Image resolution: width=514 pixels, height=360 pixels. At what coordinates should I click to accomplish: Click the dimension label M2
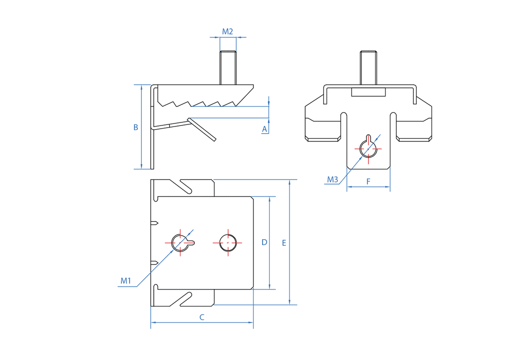pyautogui.click(x=228, y=32)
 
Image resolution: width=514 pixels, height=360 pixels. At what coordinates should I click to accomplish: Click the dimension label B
pyautogui.click(x=136, y=127)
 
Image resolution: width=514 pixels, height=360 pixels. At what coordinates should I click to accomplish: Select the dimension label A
pyautogui.click(x=265, y=130)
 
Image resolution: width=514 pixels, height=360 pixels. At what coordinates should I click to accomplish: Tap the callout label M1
pyautogui.click(x=126, y=281)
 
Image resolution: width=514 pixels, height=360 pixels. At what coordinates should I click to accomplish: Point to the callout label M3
pyautogui.click(x=333, y=179)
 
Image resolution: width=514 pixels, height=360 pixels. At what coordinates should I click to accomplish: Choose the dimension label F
pyautogui.click(x=369, y=181)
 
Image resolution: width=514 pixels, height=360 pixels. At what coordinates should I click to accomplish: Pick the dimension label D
pyautogui.click(x=264, y=242)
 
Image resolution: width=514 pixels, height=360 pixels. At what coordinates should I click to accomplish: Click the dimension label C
pyautogui.click(x=202, y=317)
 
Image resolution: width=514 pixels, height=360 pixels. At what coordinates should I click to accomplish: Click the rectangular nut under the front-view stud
pyautogui.click(x=368, y=92)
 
